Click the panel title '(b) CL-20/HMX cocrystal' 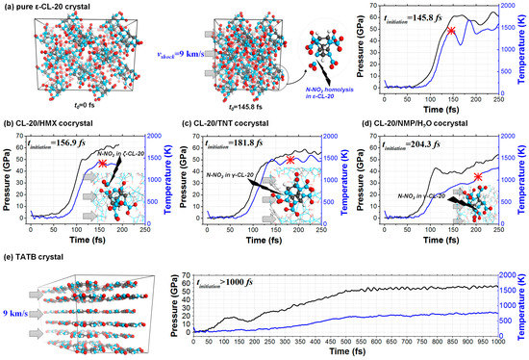[52, 117]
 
